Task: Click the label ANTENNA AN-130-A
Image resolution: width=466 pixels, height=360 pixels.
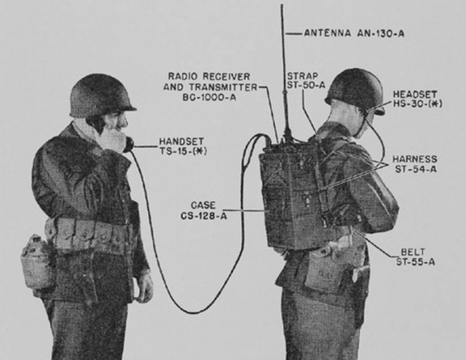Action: tap(354, 33)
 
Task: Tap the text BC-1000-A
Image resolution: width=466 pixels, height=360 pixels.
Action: tap(209, 97)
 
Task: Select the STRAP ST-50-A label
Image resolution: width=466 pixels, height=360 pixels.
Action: tap(306, 81)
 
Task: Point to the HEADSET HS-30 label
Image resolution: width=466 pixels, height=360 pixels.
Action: tap(417, 99)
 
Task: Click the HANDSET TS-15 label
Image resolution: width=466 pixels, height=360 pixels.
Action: tap(183, 146)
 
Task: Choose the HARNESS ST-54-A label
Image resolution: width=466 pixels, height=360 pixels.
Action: tap(415, 164)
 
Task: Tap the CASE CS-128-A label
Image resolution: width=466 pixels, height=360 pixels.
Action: tap(204, 210)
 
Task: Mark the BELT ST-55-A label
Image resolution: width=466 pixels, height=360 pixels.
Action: tap(415, 257)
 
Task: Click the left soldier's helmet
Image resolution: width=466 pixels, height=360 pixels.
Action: tap(102, 96)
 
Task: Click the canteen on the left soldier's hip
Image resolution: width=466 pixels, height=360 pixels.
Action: tap(37, 262)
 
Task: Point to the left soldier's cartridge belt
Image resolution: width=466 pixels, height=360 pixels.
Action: tap(89, 234)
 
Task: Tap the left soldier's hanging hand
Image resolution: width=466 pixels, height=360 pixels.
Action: tap(145, 288)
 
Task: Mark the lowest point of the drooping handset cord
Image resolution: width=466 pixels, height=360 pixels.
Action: tap(193, 313)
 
